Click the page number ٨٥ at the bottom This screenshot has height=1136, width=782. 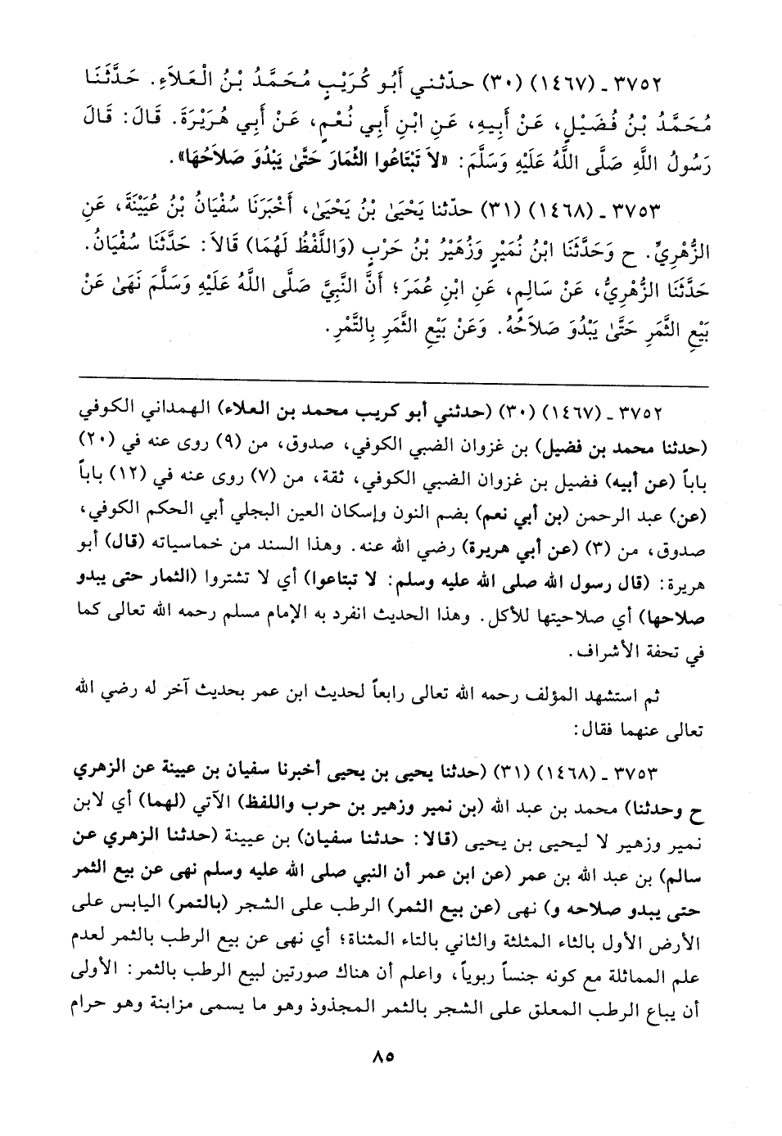(382, 1079)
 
